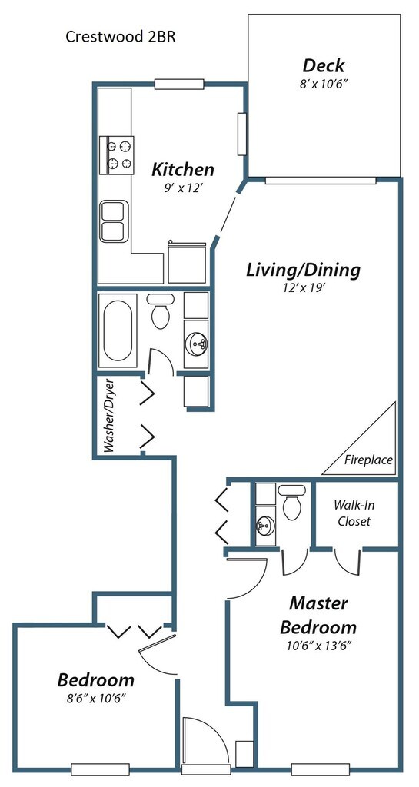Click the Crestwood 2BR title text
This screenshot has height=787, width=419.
coord(121,37)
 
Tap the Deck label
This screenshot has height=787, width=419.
coord(324,65)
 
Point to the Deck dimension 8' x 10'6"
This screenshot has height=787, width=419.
coord(324,84)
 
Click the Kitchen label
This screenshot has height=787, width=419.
coord(183,169)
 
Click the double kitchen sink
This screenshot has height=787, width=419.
coord(114,221)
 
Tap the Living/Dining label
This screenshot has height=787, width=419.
coord(303,270)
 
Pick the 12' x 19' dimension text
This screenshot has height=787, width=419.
coord(303,289)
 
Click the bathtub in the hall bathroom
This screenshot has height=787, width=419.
coord(118,330)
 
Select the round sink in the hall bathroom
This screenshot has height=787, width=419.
coord(196,344)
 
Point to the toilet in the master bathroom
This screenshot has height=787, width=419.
coord(291,502)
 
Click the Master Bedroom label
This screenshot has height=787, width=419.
coord(318,616)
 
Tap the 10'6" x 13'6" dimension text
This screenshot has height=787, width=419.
coord(318,646)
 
